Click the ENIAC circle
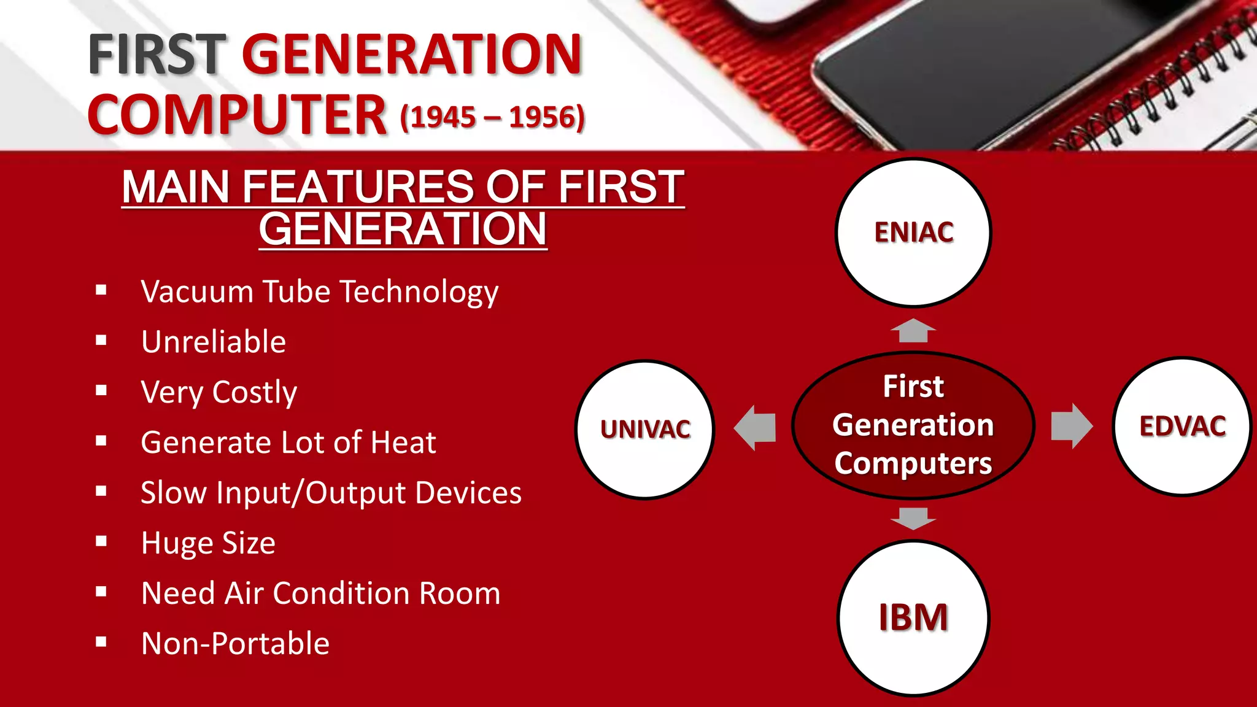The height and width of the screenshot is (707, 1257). coord(913,233)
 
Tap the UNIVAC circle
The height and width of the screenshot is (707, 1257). coord(645,429)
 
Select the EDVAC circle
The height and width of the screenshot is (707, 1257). coord(1182,426)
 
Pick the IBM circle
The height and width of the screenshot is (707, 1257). coord(913,617)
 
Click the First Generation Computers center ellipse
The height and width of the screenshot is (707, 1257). coord(913,425)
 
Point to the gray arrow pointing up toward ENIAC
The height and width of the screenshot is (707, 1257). coord(913,331)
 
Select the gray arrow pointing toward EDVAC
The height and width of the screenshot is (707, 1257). coord(1071,426)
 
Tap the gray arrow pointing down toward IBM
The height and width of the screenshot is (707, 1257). coord(913,518)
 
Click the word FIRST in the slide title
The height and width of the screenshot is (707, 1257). coord(157,55)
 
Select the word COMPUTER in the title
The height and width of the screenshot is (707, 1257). coord(237,115)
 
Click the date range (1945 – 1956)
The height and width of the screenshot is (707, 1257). coord(492,117)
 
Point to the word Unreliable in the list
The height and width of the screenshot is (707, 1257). coord(214,342)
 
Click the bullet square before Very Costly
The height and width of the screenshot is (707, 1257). coord(101,390)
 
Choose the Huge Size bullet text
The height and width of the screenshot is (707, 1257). coord(209,543)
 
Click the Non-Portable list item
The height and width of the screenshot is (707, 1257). coord(236,644)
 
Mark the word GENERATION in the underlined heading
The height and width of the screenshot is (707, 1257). coord(403,229)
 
